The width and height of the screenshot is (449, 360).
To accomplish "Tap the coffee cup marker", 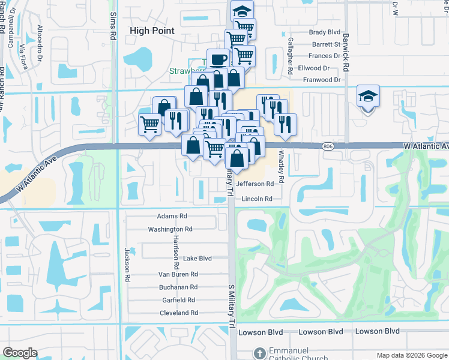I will [x=217, y=59].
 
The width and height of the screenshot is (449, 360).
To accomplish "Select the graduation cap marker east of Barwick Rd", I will [x=368, y=96].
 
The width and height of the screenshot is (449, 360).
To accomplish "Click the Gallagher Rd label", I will [x=290, y=55].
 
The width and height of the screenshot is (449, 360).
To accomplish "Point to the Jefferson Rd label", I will [x=256, y=184].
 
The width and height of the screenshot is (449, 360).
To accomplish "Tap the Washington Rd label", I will [x=170, y=229].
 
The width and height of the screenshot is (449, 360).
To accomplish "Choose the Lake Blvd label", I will [x=197, y=259].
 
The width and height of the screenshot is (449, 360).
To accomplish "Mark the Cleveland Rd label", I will [x=178, y=313].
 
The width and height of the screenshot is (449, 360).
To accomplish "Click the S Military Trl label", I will [x=230, y=306].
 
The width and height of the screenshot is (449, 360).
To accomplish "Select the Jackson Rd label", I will [x=127, y=265].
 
